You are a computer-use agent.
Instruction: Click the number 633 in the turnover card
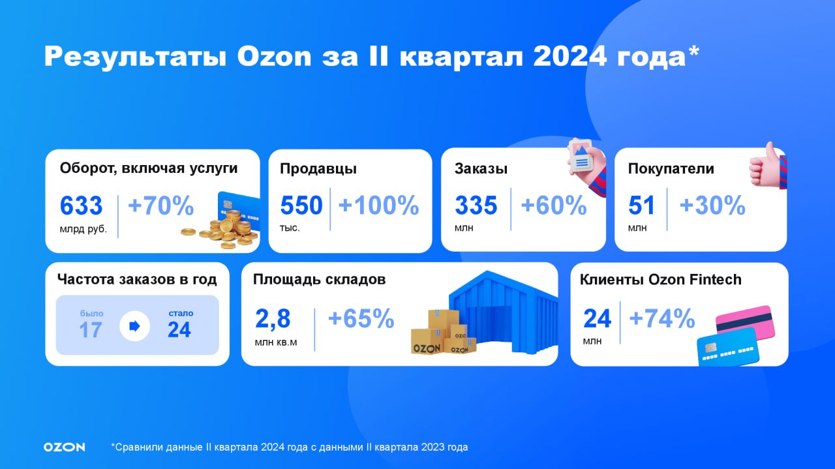pyautogui.click(x=81, y=205)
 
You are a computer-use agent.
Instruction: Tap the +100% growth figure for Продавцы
pyautogui.click(x=378, y=205)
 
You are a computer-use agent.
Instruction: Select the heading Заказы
pyautogui.click(x=481, y=169)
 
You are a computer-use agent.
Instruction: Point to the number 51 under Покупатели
pyautogui.click(x=641, y=205)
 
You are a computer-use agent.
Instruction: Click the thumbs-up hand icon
pyautogui.click(x=768, y=166)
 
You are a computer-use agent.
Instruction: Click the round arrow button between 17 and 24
pyautogui.click(x=134, y=326)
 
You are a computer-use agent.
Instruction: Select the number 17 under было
pyautogui.click(x=91, y=330)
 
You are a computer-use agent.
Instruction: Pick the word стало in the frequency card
pyautogui.click(x=181, y=313)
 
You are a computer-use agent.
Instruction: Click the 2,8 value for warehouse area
pyautogui.click(x=273, y=319)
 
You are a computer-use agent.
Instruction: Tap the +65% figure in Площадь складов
pyautogui.click(x=361, y=319)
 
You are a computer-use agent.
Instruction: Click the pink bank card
pyautogui.click(x=746, y=322)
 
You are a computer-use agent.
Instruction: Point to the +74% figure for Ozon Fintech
pyautogui.click(x=662, y=319)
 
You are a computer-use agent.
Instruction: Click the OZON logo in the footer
pyautogui.click(x=64, y=447)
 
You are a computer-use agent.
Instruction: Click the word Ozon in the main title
pyautogui.click(x=274, y=57)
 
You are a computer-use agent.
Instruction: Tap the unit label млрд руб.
pyautogui.click(x=83, y=229)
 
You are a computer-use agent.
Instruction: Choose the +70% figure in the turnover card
pyautogui.click(x=161, y=205)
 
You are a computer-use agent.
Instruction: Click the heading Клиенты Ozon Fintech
pyautogui.click(x=661, y=280)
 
